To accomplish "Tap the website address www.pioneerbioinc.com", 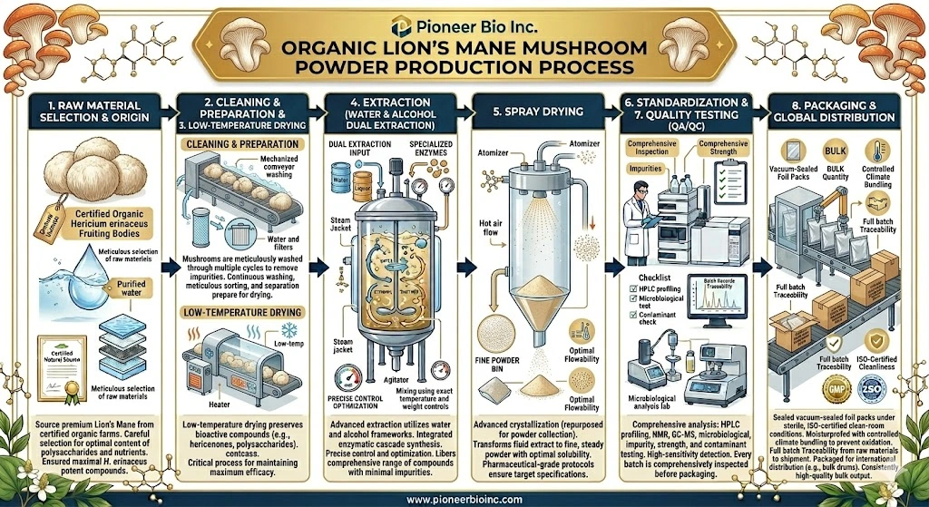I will pyautogui.click(x=464, y=497).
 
